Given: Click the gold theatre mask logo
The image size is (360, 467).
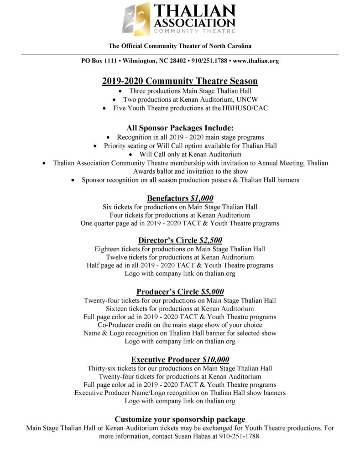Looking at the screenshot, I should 137,19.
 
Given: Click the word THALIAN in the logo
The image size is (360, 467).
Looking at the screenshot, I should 195,11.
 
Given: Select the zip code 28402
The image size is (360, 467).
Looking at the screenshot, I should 176,61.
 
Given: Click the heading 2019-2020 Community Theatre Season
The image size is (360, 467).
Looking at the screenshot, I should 180,81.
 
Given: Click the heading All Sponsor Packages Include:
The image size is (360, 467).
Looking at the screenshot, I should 180,128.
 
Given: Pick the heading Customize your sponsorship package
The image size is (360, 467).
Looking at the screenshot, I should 180,419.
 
